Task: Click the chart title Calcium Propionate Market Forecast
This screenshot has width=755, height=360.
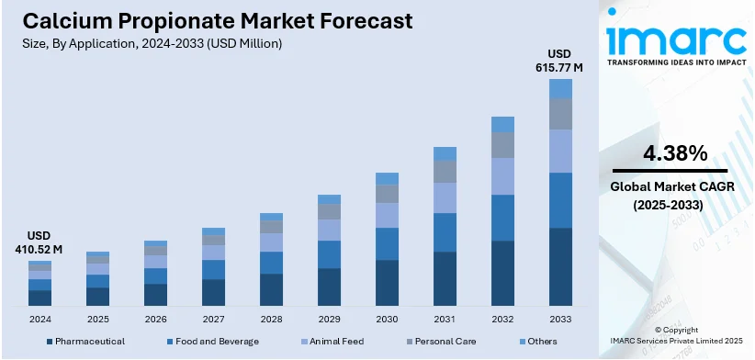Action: point(208,20)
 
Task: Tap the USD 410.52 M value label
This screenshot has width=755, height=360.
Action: point(39,242)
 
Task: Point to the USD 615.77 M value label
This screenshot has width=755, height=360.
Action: point(558,60)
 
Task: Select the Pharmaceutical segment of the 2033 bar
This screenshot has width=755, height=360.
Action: point(560,266)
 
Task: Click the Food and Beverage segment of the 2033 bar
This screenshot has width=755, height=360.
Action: point(560,199)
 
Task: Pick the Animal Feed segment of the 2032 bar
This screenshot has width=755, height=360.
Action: point(502,175)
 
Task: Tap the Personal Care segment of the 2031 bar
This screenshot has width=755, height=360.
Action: point(445,172)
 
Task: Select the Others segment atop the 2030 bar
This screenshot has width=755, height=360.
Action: point(387,178)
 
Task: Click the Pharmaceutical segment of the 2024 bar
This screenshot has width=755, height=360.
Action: point(39,298)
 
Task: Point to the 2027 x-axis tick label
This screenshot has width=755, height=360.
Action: point(213,319)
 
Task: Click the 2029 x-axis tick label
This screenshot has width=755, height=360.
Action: point(329,319)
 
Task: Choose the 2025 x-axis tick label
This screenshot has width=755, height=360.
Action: point(97,319)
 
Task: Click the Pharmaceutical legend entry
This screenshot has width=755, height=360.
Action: point(85,342)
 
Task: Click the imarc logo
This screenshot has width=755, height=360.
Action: point(676,41)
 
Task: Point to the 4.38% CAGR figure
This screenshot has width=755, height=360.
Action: point(675,152)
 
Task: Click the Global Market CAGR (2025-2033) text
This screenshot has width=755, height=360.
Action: point(675,197)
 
